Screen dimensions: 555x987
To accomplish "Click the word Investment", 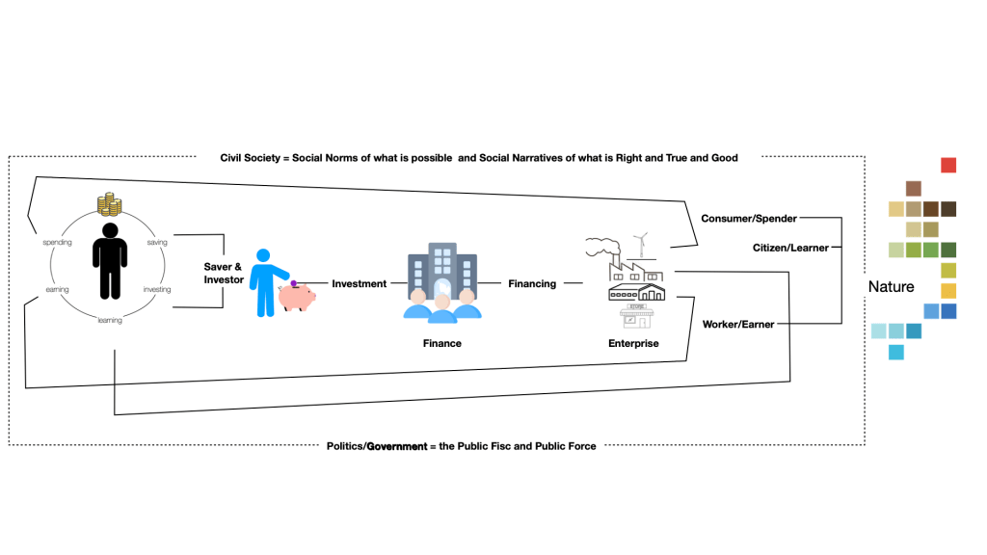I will [x=359, y=283].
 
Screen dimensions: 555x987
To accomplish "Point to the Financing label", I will [x=532, y=283].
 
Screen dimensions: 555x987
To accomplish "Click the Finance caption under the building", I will [x=441, y=343].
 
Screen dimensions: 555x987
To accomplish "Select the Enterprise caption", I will [x=633, y=343].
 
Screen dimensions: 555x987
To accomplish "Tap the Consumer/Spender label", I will [x=748, y=219].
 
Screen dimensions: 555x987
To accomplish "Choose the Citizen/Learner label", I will [x=790, y=248].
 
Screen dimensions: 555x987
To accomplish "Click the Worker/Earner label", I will [x=738, y=325].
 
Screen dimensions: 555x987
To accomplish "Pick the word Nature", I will [x=891, y=287].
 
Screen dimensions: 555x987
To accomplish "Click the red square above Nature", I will [x=948, y=165].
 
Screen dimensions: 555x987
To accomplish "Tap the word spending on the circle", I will [x=58, y=243].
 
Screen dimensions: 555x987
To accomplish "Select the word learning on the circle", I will [x=110, y=320].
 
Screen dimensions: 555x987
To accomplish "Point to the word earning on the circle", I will [x=57, y=288].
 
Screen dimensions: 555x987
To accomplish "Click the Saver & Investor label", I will [x=223, y=273].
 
